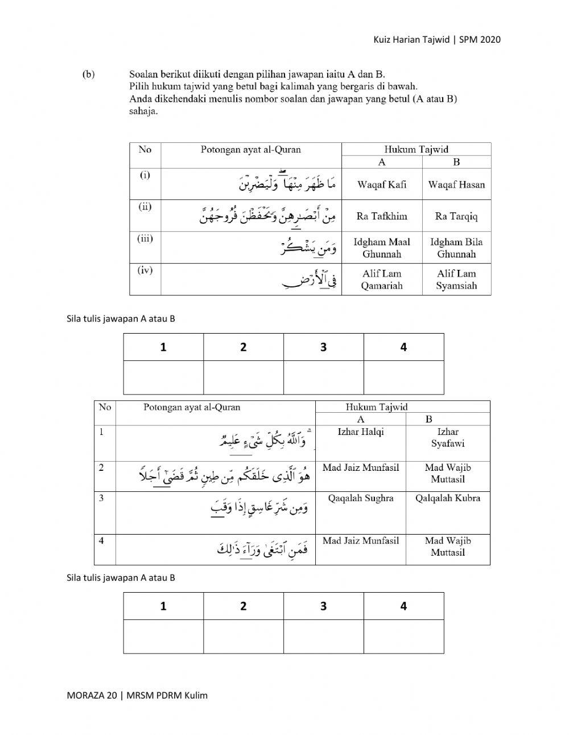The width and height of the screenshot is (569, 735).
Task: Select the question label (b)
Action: coord(88,74)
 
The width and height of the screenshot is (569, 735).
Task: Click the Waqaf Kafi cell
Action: coord(382,184)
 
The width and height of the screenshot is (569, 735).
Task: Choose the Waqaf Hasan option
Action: coord(456,184)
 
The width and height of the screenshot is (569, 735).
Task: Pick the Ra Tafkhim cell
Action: coord(382,216)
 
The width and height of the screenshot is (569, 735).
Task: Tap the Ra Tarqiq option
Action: coord(456,216)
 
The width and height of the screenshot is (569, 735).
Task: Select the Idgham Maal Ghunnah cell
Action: coord(382,248)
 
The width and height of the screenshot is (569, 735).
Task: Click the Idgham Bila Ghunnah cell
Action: coord(456,248)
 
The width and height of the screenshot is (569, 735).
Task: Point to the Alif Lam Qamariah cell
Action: coord(382,280)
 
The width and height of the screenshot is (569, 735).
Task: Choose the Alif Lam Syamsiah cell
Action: coord(456,280)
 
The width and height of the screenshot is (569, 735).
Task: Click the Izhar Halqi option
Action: coord(361,432)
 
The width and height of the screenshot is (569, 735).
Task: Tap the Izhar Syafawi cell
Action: coord(448,437)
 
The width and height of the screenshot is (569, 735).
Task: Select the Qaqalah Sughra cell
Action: coord(361,498)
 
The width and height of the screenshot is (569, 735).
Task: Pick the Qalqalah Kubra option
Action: coord(448,498)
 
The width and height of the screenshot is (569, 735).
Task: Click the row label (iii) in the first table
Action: coord(145,239)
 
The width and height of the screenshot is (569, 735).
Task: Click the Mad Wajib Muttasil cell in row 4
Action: coord(448,546)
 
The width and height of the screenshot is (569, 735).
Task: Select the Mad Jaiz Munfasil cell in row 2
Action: coord(361,468)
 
